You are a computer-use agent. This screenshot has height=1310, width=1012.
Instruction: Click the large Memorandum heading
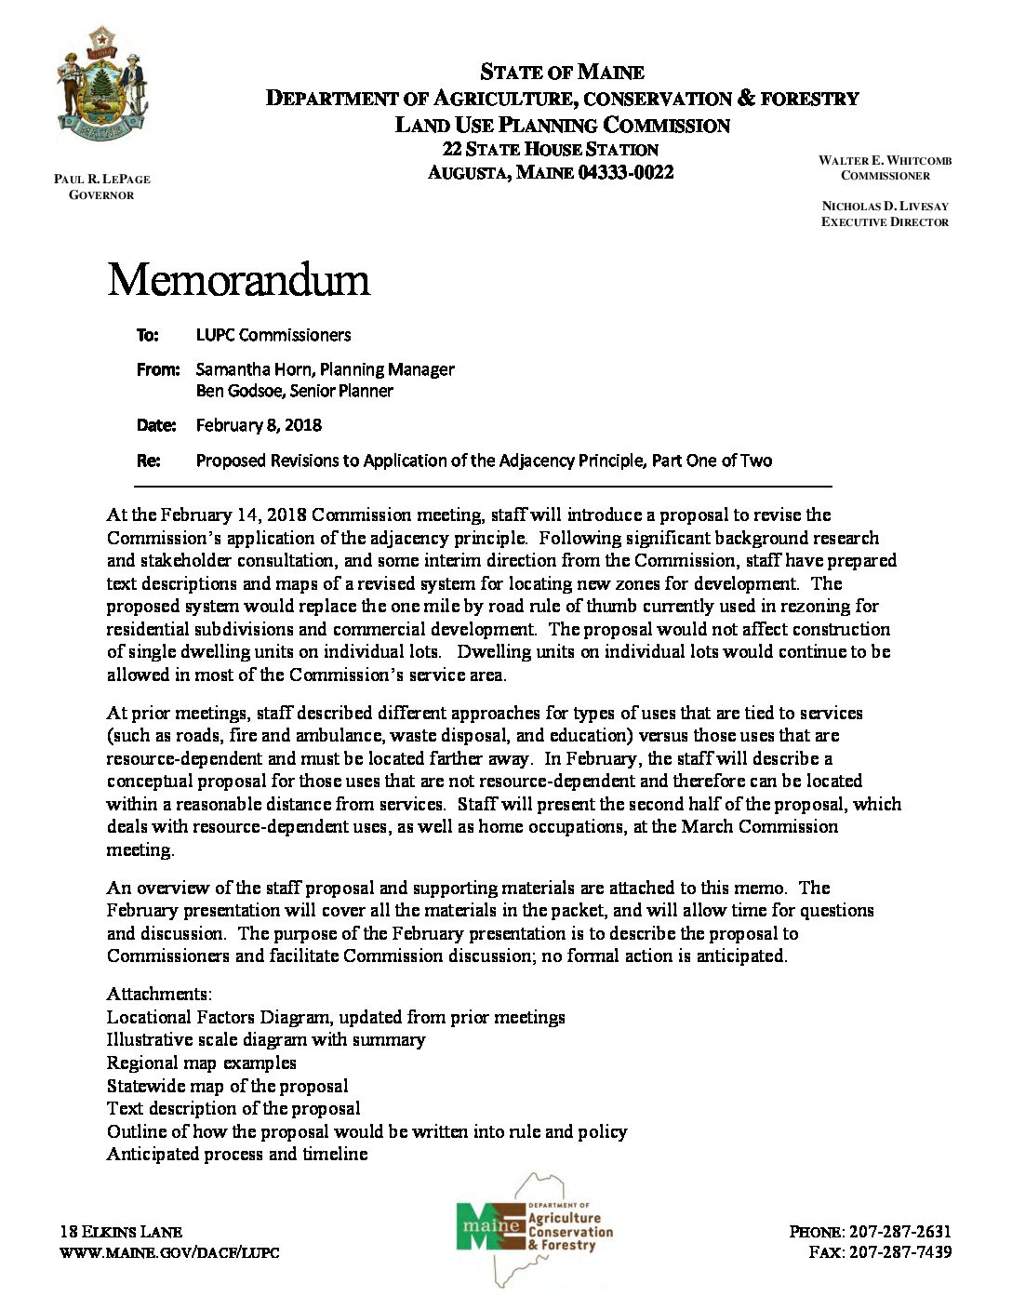(x=238, y=280)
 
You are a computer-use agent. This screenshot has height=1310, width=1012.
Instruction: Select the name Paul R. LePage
(x=102, y=179)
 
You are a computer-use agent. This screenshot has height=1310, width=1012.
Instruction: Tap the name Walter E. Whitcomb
(x=885, y=160)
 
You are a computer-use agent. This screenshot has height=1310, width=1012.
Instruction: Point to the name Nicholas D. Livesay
(x=885, y=206)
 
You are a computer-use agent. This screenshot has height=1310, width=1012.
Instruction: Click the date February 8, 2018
(x=259, y=425)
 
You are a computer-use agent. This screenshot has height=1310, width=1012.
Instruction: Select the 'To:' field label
(x=148, y=335)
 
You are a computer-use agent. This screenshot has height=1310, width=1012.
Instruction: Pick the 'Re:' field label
(x=148, y=461)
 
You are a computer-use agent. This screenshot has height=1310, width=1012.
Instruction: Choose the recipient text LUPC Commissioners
(x=273, y=335)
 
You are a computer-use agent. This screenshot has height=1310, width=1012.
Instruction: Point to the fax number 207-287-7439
(x=899, y=1252)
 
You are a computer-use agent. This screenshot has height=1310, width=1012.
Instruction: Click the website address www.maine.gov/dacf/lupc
(x=169, y=1252)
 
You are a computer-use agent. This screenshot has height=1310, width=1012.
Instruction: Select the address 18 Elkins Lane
(x=121, y=1232)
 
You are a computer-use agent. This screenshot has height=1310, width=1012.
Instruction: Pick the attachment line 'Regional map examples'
(x=201, y=1063)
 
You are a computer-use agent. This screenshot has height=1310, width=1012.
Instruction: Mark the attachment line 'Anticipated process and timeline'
(x=237, y=1154)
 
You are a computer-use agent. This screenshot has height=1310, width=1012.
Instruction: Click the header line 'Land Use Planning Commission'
(x=562, y=126)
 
